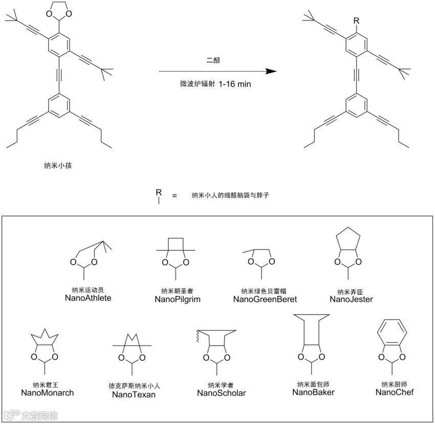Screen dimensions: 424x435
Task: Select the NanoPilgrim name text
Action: tap(177, 299)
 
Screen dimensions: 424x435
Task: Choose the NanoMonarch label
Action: tap(48, 393)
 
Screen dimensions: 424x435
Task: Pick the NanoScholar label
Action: tap(221, 393)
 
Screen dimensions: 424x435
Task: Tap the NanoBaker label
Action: tap(313, 392)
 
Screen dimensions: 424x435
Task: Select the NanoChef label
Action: tap(394, 392)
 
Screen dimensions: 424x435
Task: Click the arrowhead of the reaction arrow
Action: tap(271, 72)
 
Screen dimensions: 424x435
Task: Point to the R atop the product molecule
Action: tap(357, 20)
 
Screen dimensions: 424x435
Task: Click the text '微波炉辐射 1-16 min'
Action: tap(211, 84)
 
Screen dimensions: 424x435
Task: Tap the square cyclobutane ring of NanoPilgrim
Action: tap(176, 243)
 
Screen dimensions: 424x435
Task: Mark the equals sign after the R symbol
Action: tap(175, 195)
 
